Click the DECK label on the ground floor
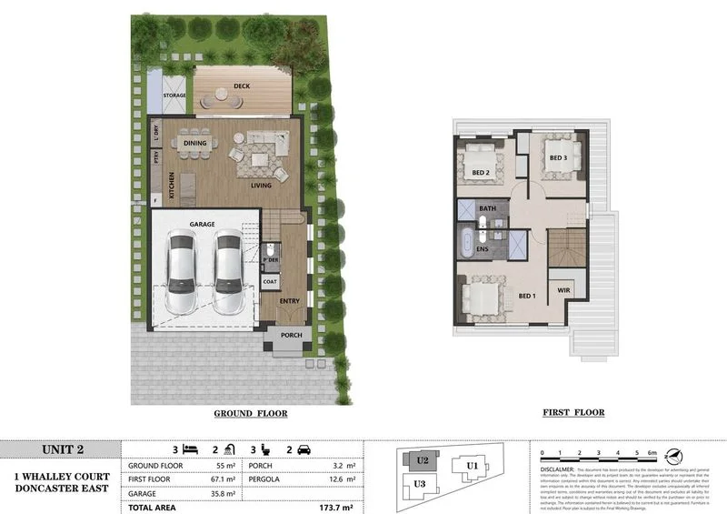[241, 86]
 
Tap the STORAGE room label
[174, 95]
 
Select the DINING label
[195, 144]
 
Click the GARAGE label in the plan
[201, 224]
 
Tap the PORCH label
[291, 335]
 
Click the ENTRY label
[290, 300]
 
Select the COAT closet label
[270, 282]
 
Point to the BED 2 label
[481, 171]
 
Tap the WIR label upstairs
[563, 291]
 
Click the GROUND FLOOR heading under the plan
[250, 413]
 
